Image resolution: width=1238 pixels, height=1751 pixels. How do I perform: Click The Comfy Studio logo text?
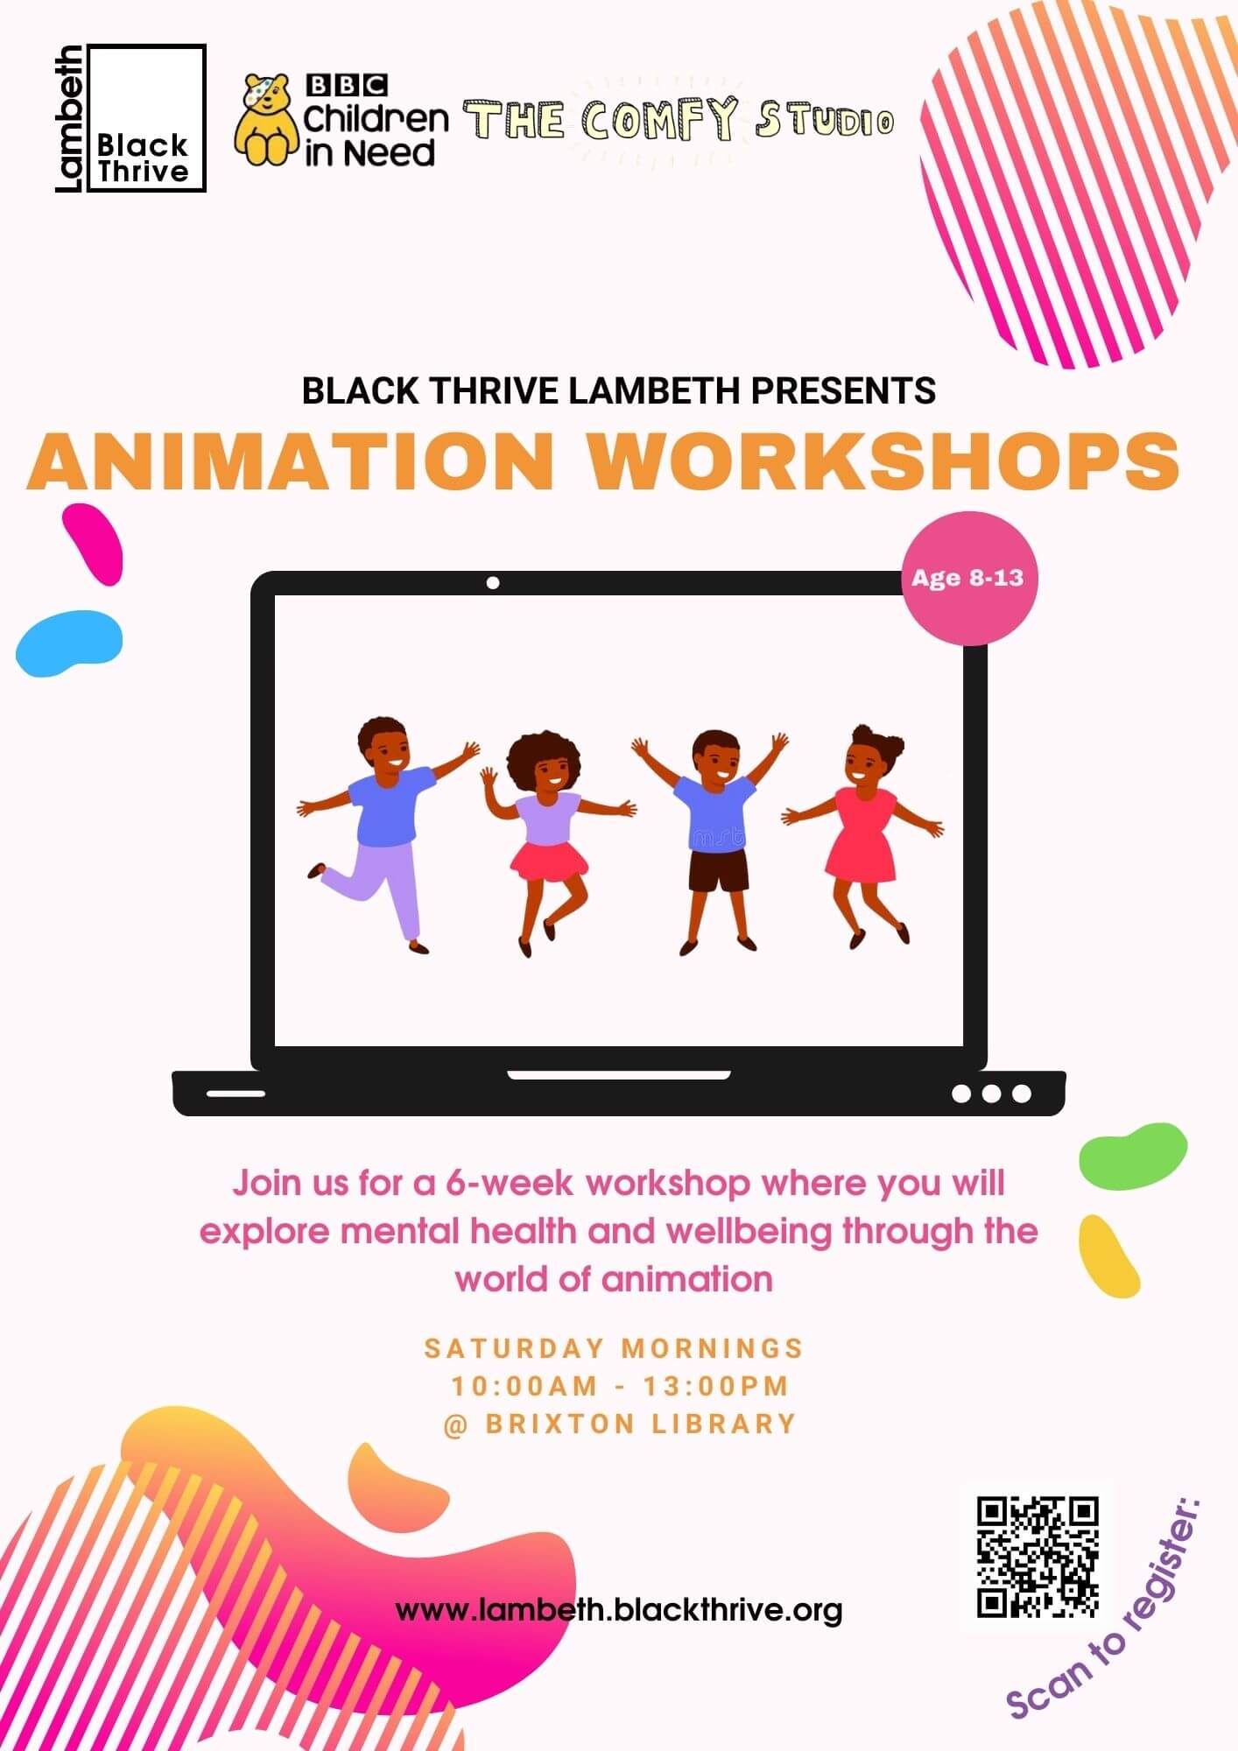[x=679, y=121]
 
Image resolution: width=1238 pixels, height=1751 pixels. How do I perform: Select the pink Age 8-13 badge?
[x=968, y=578]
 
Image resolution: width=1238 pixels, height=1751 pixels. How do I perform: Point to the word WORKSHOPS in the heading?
[x=883, y=461]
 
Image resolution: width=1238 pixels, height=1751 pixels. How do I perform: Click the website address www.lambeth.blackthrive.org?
[x=619, y=1609]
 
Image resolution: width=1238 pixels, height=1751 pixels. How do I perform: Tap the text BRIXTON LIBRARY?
[x=640, y=1424]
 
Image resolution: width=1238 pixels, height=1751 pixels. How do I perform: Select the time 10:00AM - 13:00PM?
[x=620, y=1386]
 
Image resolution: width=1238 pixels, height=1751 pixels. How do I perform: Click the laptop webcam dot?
[x=493, y=583]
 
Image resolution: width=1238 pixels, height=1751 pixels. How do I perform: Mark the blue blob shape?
[x=68, y=642]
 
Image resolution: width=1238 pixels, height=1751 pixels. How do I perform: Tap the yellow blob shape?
[x=1108, y=1255]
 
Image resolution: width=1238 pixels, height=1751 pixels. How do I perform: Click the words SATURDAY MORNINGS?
[x=614, y=1348]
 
